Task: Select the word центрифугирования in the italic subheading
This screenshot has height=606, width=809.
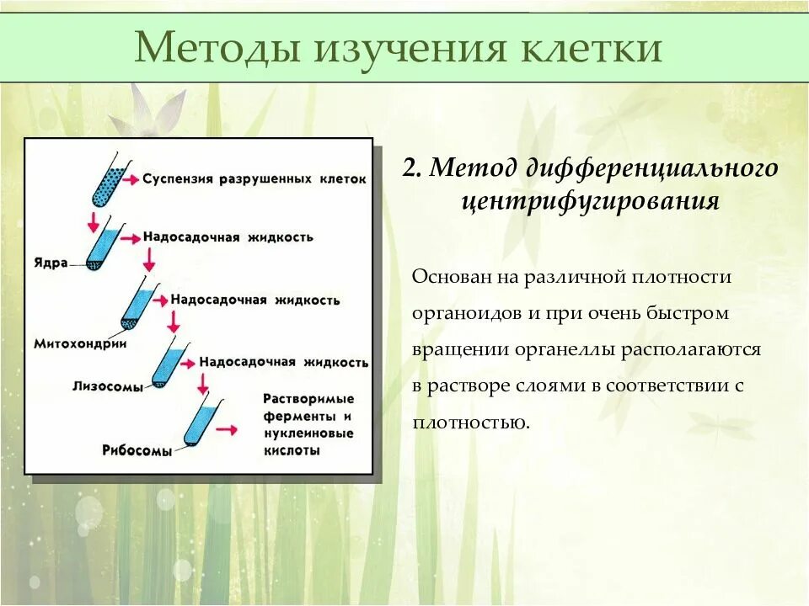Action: coord(590,202)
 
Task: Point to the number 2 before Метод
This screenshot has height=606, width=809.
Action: coord(410,168)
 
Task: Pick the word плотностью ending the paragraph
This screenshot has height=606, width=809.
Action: coord(471,422)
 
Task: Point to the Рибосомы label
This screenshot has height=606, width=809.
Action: coord(137,450)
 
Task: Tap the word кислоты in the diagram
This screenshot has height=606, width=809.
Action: coord(292,450)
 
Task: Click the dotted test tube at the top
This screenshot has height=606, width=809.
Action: coord(108,179)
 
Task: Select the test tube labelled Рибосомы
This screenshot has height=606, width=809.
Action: coord(203,421)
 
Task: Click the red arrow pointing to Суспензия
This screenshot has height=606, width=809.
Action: coord(131,179)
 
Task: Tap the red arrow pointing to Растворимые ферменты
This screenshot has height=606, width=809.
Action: coord(228,429)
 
